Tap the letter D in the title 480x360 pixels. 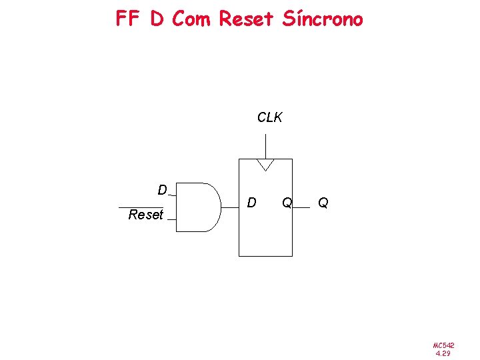point(157,19)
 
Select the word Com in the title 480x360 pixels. point(191,19)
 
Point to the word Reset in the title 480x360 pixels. point(246,19)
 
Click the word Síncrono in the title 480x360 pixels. point(323,19)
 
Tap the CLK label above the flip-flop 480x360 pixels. point(269,118)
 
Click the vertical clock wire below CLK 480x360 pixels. point(265,146)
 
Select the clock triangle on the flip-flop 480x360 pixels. point(265,164)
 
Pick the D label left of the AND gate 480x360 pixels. point(162,190)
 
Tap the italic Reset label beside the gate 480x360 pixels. point(145,215)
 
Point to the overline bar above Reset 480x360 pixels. point(141,207)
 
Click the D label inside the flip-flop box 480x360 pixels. point(251,202)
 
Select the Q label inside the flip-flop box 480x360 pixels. point(286,202)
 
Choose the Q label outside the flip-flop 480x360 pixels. point(323,202)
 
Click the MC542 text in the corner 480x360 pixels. point(443,345)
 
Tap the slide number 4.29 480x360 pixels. point(443,353)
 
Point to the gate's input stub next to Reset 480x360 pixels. point(171,219)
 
